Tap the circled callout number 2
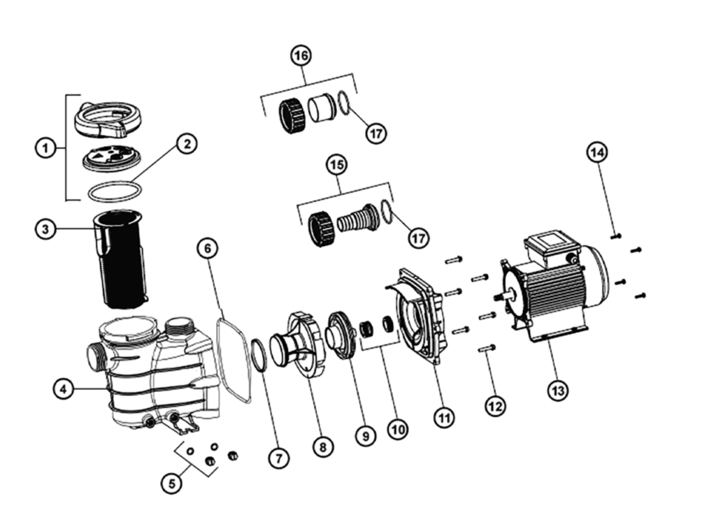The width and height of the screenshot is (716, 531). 186,144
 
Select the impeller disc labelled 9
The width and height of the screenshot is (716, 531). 343,335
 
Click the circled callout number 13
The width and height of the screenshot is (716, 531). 557,391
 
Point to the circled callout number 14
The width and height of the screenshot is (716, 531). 598,152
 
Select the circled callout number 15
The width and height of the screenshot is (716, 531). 337,165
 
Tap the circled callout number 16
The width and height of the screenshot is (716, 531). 302,55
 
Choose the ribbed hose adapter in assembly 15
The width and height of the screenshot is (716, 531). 357,221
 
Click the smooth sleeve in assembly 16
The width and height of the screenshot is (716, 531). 322,108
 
